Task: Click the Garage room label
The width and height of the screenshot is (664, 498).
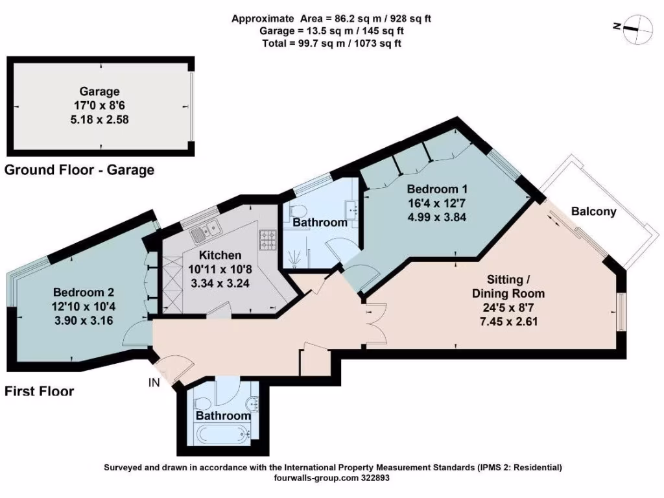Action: click(99, 91)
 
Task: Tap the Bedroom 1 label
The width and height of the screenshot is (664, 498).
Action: click(437, 189)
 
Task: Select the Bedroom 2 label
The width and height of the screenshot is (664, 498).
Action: click(84, 292)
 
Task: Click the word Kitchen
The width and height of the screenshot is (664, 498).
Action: click(220, 255)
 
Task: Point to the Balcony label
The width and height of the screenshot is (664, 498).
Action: click(593, 211)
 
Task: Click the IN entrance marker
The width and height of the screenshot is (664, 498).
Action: click(154, 383)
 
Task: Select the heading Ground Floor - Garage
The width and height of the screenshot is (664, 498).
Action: click(79, 171)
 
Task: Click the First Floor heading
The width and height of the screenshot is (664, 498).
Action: click(39, 391)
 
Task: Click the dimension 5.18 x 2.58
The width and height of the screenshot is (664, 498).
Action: click(99, 120)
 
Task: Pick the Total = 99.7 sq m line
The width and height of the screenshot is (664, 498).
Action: click(331, 43)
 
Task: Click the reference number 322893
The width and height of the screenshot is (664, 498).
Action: click(373, 477)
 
